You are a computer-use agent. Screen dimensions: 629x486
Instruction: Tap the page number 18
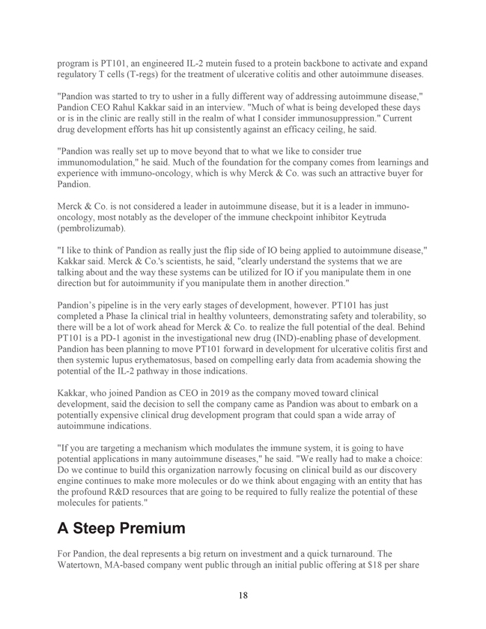[x=243, y=595]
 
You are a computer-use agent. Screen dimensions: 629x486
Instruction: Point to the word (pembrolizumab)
[x=92, y=228]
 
